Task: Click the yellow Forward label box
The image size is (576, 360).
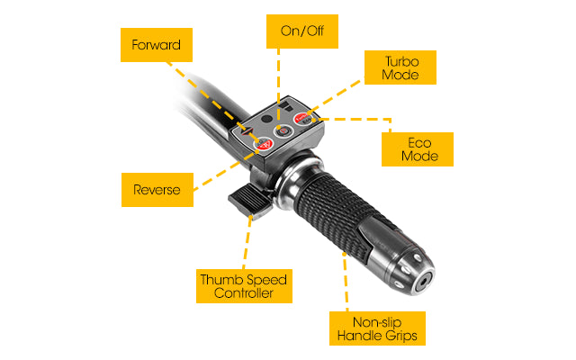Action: (x=157, y=45)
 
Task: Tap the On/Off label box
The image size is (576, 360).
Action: (x=302, y=31)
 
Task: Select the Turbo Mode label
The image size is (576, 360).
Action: (x=400, y=67)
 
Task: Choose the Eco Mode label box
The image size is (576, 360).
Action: (x=418, y=149)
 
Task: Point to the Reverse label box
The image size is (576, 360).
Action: (x=157, y=190)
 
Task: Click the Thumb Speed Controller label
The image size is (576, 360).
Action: (x=244, y=286)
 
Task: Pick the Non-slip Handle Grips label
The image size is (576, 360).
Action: (x=377, y=328)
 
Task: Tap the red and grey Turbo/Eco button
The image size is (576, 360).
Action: (x=303, y=119)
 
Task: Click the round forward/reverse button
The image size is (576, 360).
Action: (x=263, y=144)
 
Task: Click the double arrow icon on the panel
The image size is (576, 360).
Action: (x=247, y=130)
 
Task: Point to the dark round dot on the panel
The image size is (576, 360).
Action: (x=266, y=119)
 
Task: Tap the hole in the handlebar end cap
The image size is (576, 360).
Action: (x=424, y=282)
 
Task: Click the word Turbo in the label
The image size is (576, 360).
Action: (x=402, y=61)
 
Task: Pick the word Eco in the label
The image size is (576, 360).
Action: (x=419, y=142)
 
